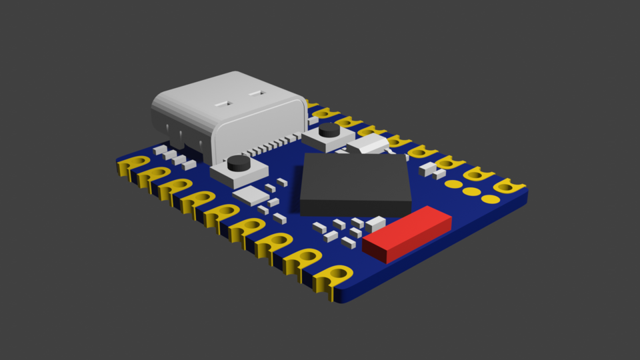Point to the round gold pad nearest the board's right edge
(491, 199)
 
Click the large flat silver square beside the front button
(251, 195)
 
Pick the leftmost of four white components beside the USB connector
(159, 151)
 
